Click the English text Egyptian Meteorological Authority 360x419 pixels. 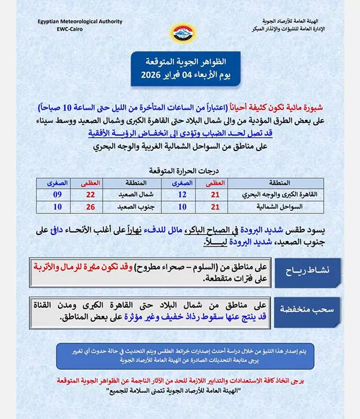click(81, 20)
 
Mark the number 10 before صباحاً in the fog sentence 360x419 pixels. click(71, 108)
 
